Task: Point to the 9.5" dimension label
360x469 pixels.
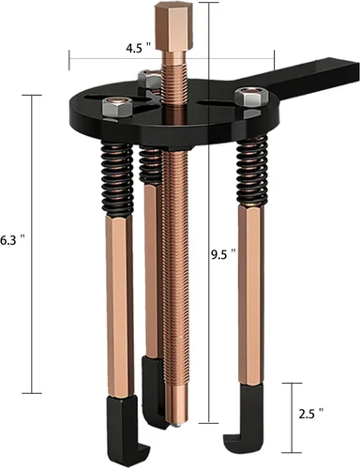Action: pyautogui.click(x=223, y=253)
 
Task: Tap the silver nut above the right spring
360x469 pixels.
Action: pyautogui.click(x=248, y=96)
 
